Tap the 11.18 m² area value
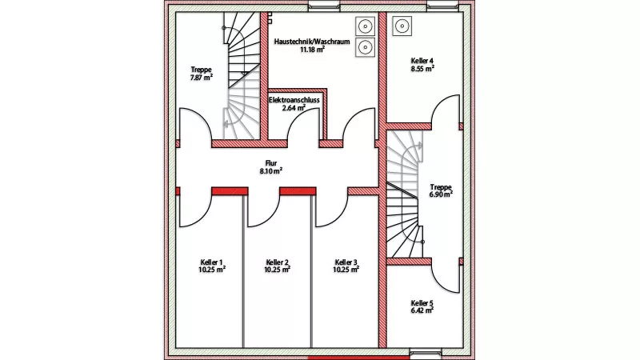(x=312, y=50)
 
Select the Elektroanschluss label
(x=294, y=100)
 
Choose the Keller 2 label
(x=277, y=262)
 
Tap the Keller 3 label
(x=346, y=262)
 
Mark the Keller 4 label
(x=422, y=61)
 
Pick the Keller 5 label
(x=422, y=303)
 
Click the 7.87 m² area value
(x=202, y=78)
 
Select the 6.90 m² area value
(x=441, y=194)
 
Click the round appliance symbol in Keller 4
(x=402, y=26)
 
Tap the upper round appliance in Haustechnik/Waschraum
(x=365, y=25)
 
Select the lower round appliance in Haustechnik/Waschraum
(x=365, y=46)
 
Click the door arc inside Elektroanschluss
(x=302, y=128)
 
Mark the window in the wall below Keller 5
(x=425, y=352)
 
